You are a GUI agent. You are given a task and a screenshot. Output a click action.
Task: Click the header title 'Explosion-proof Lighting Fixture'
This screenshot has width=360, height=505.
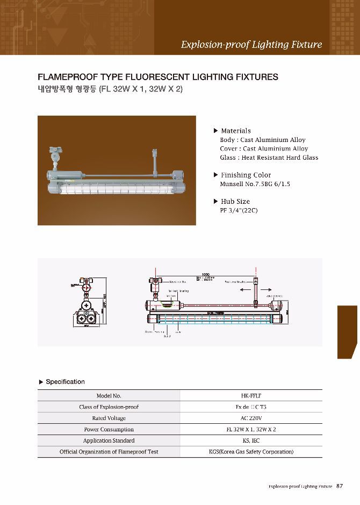click(x=251, y=45)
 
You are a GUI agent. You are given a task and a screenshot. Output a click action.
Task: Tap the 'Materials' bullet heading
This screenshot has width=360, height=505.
click(x=235, y=131)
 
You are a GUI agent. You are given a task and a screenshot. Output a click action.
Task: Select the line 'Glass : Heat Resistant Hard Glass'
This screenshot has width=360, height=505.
click(x=269, y=158)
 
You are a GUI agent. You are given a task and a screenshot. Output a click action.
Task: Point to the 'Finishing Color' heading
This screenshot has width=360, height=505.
click(x=246, y=175)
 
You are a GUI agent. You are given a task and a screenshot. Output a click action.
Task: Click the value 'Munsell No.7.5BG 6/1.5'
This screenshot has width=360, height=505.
click(x=255, y=184)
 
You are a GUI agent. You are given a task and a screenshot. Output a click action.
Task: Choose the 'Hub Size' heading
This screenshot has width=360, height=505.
click(x=235, y=201)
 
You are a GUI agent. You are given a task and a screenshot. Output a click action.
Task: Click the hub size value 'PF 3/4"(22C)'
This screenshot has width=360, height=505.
click(x=239, y=210)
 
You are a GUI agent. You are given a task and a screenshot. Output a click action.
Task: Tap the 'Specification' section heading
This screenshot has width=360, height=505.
click(x=65, y=382)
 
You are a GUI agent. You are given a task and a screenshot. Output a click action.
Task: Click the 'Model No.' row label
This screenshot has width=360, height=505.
click(x=109, y=396)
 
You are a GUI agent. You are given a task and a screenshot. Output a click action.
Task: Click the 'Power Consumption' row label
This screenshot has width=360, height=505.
click(x=109, y=429)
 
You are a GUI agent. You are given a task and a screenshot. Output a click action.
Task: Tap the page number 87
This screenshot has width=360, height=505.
click(x=340, y=486)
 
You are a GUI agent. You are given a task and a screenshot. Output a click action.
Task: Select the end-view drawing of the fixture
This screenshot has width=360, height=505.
click(x=87, y=308)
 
